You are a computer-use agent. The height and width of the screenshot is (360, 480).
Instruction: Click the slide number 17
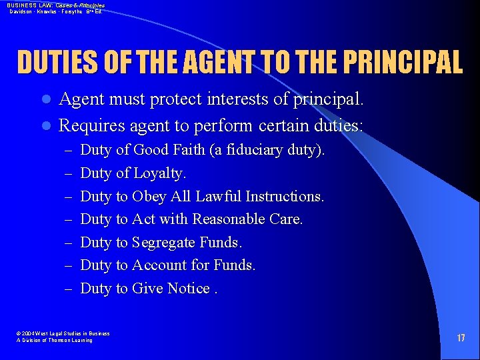pyautogui.click(x=461, y=338)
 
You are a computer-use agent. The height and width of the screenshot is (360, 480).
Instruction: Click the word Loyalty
pyautogui.click(x=160, y=173)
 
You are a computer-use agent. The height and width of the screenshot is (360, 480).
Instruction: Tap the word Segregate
pyautogui.click(x=163, y=242)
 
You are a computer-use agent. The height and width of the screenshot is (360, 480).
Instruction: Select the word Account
pyautogui.click(x=159, y=265)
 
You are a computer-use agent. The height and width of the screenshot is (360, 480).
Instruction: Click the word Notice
pyautogui.click(x=189, y=288)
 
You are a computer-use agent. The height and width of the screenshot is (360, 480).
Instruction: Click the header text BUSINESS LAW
pyautogui.click(x=27, y=5)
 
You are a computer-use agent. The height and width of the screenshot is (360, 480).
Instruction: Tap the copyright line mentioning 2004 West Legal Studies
pyautogui.click(x=63, y=333)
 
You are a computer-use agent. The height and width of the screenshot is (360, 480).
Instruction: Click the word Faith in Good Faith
pyautogui.click(x=189, y=150)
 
